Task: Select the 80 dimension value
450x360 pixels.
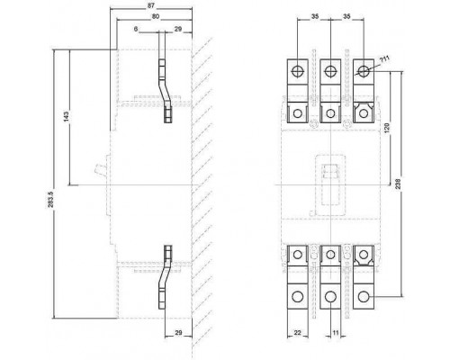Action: (156, 17)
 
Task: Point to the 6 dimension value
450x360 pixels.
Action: (136, 29)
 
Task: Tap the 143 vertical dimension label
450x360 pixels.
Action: (67, 116)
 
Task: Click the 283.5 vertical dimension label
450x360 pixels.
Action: (50, 200)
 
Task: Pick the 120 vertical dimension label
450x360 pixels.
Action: (387, 128)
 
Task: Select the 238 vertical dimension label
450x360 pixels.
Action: (398, 184)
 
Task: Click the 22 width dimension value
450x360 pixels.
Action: (297, 332)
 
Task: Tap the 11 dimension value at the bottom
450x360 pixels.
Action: (336, 332)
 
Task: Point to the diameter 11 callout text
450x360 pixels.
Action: (384, 59)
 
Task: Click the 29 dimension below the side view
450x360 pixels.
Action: (178, 332)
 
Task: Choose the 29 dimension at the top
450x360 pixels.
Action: (178, 29)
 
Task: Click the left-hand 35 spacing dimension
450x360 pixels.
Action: (314, 17)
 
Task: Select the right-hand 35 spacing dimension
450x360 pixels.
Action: (346, 17)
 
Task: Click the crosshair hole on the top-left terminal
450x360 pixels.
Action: (297, 72)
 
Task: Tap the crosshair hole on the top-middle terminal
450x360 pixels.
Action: (330, 72)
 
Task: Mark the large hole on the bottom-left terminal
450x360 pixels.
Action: (297, 297)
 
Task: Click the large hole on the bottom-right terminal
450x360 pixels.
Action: (364, 297)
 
